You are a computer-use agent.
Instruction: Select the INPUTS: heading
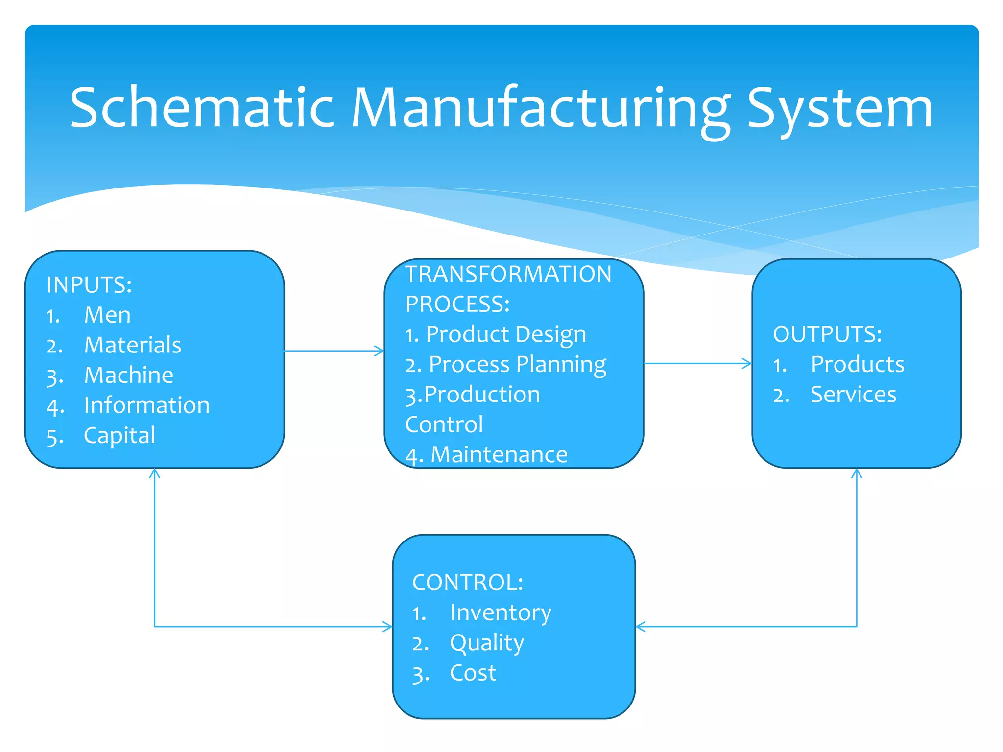click(89, 285)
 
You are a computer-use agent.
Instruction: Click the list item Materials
click(133, 345)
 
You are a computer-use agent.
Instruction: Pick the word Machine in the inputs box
click(129, 376)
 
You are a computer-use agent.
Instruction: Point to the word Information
click(147, 405)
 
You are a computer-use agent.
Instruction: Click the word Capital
click(119, 436)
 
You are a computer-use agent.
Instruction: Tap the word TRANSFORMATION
click(508, 274)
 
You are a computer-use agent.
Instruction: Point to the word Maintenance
click(499, 455)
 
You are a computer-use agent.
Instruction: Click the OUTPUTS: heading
click(827, 334)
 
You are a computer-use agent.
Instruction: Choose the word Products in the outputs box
click(857, 365)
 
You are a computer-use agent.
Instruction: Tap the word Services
click(853, 395)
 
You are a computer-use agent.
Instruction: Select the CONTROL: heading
click(468, 583)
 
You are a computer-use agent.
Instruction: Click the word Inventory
click(501, 613)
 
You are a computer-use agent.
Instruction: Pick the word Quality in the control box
click(487, 643)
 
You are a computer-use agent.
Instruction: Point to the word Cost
click(473, 673)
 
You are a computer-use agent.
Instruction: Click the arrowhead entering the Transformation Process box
click(380, 351)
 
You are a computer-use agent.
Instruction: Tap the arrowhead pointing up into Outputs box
click(857, 473)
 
